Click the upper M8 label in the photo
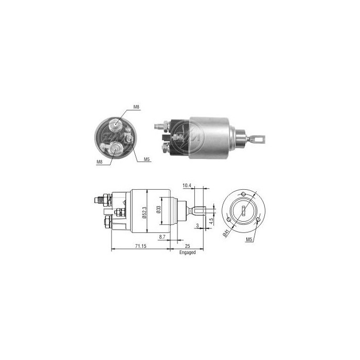(136, 106)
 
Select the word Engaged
(187, 253)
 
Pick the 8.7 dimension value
(163, 237)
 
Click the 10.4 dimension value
(187, 185)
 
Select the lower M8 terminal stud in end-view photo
(116, 149)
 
